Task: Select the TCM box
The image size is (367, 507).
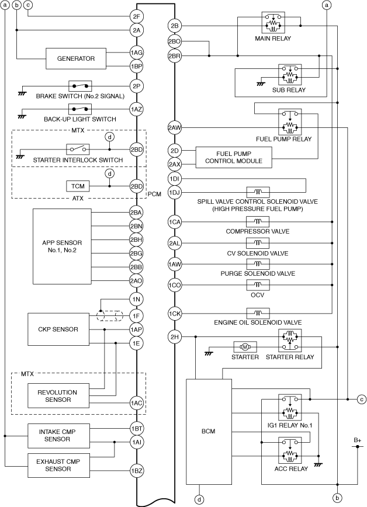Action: click(x=77, y=186)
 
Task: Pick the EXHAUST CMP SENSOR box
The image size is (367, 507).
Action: click(x=60, y=466)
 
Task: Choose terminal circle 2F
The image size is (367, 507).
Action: click(x=137, y=16)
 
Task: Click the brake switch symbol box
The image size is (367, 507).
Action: click(x=81, y=86)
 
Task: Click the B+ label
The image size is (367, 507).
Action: click(x=356, y=439)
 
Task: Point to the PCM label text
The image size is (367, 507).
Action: click(x=155, y=193)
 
